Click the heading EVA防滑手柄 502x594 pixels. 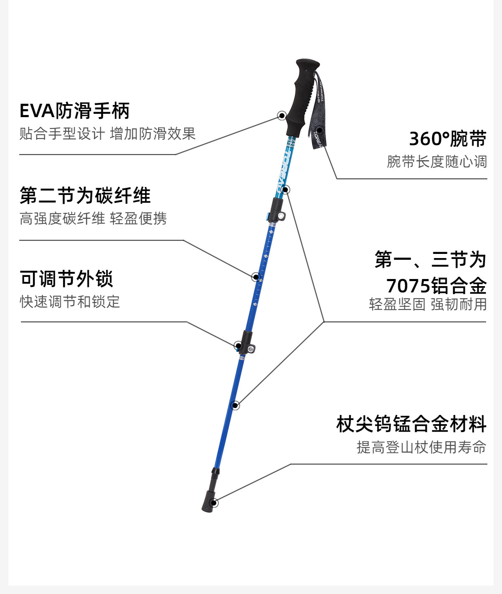click(74, 111)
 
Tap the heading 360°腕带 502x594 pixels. click(448, 139)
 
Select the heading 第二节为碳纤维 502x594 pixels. click(85, 195)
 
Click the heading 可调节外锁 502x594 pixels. click(67, 279)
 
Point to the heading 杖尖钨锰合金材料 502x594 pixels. click(412, 424)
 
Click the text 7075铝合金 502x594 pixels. click(436, 286)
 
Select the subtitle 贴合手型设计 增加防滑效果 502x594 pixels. click(108, 134)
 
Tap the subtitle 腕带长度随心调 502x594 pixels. click(437, 161)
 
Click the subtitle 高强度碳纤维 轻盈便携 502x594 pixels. click(93, 218)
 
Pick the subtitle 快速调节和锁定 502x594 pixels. click(70, 302)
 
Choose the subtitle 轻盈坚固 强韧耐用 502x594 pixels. click(428, 304)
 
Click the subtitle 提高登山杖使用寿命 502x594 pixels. click(421, 447)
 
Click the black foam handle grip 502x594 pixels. click(302, 97)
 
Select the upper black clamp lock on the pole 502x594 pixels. click(276, 210)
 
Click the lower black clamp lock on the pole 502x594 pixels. click(246, 343)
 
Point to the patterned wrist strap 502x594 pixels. click(318, 113)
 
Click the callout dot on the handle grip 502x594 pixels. click(282, 115)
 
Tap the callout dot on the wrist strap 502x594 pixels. click(320, 130)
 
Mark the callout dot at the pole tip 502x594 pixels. click(213, 503)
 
